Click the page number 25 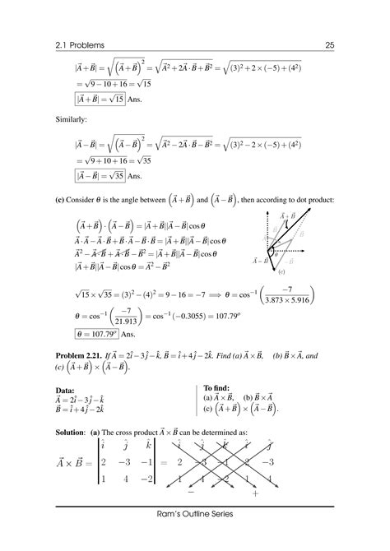click(329, 44)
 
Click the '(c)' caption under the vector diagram click(281, 271)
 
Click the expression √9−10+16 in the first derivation click(109, 84)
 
